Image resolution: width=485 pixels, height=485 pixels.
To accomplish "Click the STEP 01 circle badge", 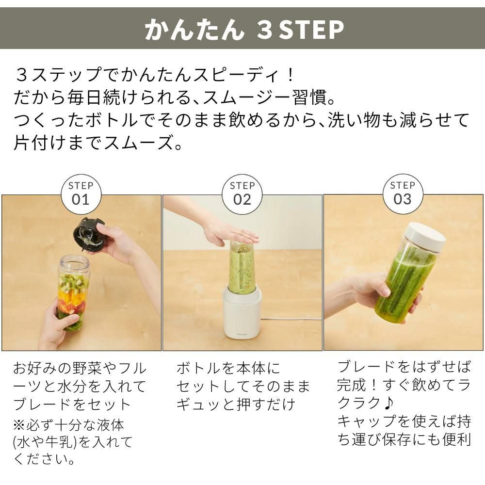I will tap(81, 194).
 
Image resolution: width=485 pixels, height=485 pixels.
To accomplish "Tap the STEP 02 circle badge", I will tap(242, 194).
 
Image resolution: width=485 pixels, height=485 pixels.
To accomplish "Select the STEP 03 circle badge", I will tap(403, 194).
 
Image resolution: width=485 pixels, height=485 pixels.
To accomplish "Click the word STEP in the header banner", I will tap(312, 30).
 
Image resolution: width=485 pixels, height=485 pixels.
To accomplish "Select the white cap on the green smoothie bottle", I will tap(425, 237).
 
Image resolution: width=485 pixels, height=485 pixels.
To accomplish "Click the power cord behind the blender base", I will tap(291, 319).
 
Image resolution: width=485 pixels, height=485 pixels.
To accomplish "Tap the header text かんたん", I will tap(194, 30).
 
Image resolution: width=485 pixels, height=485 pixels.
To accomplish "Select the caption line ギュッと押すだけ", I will tap(236, 404).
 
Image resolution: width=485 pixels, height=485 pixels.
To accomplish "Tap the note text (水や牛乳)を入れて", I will tap(73, 442).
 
